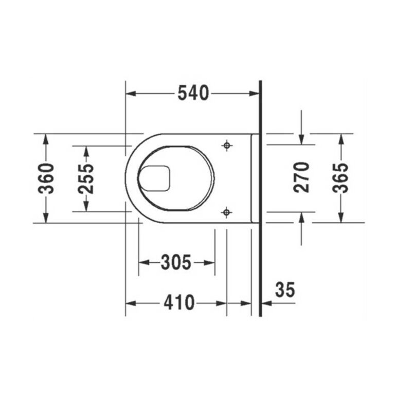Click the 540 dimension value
click(x=193, y=93)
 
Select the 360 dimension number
click(x=46, y=178)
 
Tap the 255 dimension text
click(x=86, y=179)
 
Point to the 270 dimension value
click(x=301, y=177)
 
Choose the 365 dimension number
click(x=340, y=178)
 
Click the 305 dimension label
click(x=176, y=262)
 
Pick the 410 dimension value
click(x=179, y=302)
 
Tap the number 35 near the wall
click(x=285, y=290)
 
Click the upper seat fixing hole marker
click(x=227, y=146)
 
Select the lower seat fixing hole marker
click(x=226, y=212)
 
